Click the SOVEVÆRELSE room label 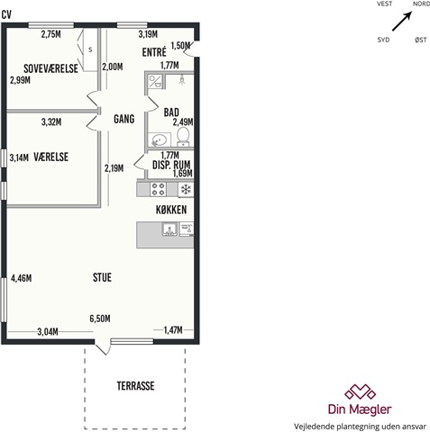point(50,68)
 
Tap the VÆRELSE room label point(51,157)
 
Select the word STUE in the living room point(102,277)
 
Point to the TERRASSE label point(135,386)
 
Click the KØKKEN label point(171,210)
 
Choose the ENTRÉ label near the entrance point(154,52)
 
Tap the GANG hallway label point(124,119)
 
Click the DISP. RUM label point(171,165)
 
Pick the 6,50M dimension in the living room point(100,319)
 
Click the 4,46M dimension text point(22,278)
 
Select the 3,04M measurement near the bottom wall point(48,332)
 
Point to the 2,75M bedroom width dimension point(51,34)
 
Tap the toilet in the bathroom point(183,137)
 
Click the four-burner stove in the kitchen point(158,189)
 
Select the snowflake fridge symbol point(186,190)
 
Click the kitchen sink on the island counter point(169,229)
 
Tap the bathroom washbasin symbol point(160,140)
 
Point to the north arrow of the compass point(402,21)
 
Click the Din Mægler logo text point(360,409)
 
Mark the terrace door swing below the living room point(103,347)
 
